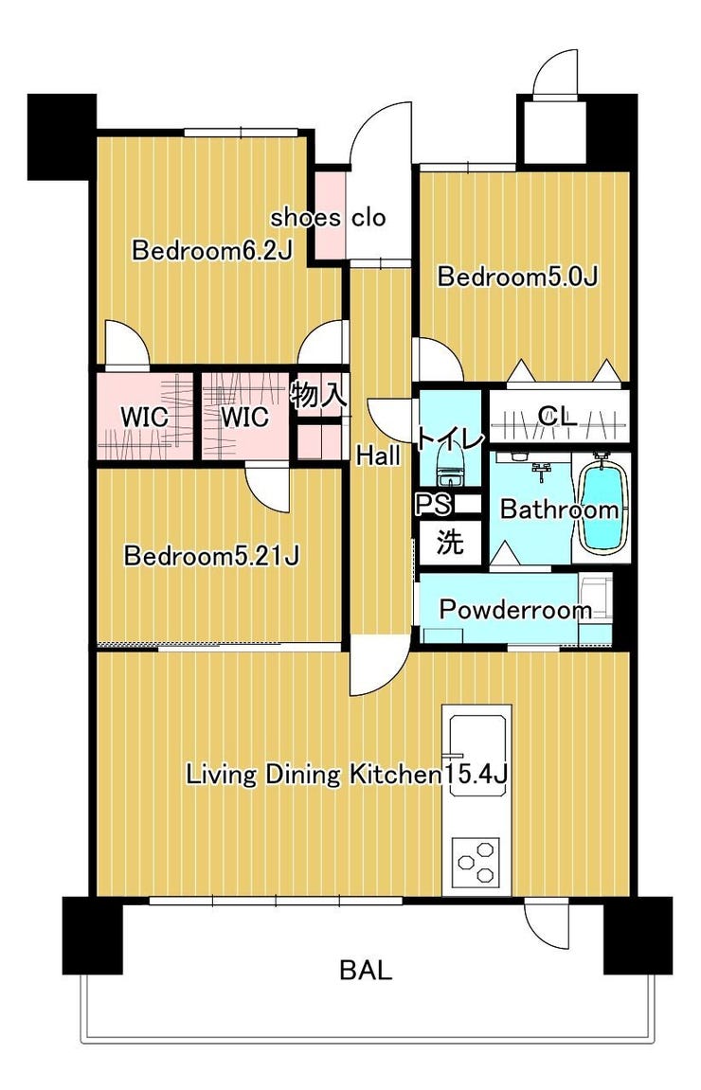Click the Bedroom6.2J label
point(212,250)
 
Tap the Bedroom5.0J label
point(517,277)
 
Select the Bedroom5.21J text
point(211,556)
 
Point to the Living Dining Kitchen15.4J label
point(346,775)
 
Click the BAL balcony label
point(366,970)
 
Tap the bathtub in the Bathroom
point(602,503)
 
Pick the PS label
point(433,504)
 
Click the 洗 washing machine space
point(450,542)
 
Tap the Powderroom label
point(515,611)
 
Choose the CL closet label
point(557,417)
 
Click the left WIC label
point(145,418)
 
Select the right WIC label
point(244,417)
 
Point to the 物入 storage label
point(317,396)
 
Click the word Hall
point(378,456)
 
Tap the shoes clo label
point(328,218)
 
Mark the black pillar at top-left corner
point(62,136)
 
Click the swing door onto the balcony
point(548,919)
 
